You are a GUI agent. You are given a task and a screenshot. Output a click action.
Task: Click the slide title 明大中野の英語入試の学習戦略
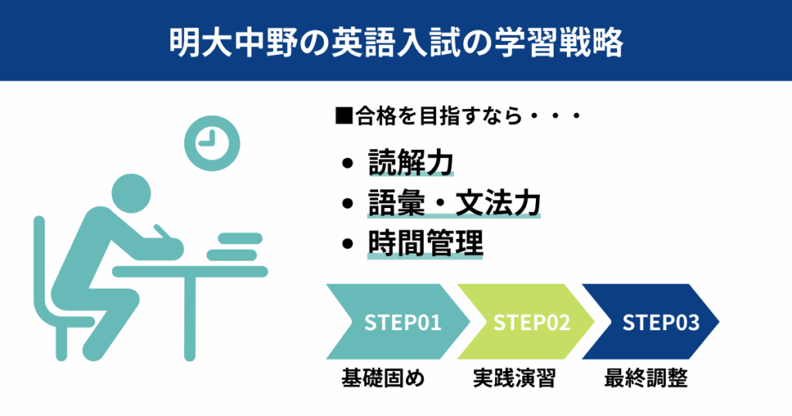coord(396,42)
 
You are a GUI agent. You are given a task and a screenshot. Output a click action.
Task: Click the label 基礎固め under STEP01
coord(383,378)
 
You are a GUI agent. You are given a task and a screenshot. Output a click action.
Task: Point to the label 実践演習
coord(514,378)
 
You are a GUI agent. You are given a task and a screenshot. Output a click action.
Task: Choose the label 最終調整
coord(646,378)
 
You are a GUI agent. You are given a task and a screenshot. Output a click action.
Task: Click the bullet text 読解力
coord(411,162)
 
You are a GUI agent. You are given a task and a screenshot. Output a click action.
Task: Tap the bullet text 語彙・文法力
coord(454,203)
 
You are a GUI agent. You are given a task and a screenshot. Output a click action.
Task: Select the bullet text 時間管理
coord(425,244)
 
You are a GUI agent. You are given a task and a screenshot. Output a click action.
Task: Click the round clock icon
coord(212,143)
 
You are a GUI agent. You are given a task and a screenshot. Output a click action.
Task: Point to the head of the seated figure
coord(131,194)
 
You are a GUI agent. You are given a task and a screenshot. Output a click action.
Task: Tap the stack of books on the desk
coord(236,247)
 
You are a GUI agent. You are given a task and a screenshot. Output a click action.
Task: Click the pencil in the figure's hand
coord(162,232)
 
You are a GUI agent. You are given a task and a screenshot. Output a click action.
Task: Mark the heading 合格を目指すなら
coord(439,117)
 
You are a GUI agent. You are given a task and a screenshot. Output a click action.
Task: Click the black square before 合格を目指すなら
coord(344,116)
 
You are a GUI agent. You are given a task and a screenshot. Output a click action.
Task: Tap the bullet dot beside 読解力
coord(347,163)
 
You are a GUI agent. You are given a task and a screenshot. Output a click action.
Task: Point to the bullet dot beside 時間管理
coord(347,244)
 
